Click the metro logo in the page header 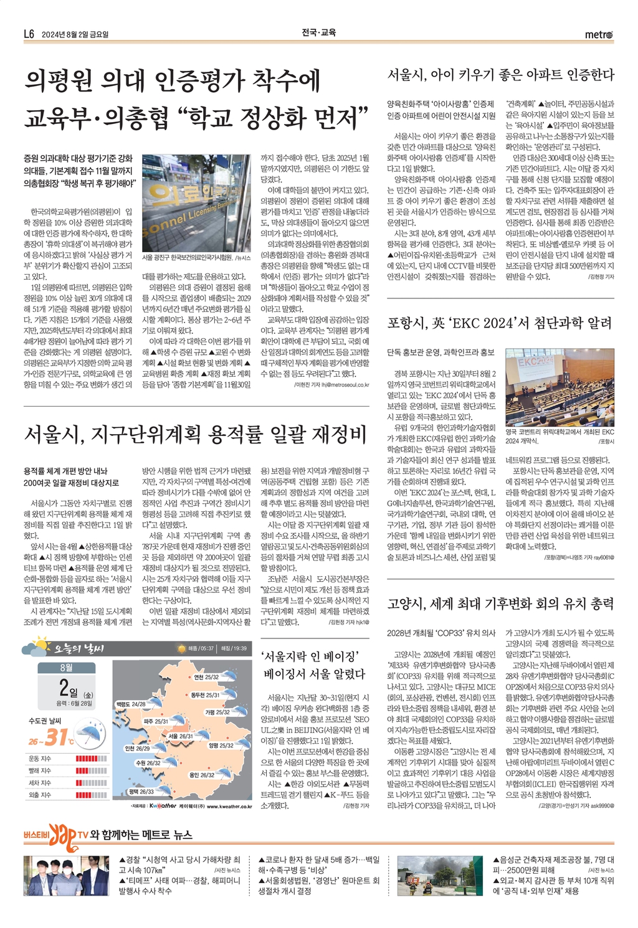coord(599,34)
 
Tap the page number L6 coord(29,34)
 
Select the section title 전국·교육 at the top coord(318,32)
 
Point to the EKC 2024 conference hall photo coord(559,387)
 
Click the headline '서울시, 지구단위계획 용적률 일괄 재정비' coord(195,435)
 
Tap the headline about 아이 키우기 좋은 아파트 coord(500,75)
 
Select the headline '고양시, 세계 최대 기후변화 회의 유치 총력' coord(500,603)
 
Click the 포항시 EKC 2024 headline coord(499,323)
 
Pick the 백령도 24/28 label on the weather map coord(130,704)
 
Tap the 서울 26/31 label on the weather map coord(180,736)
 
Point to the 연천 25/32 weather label coord(206,676)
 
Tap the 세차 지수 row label coord(40,782)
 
